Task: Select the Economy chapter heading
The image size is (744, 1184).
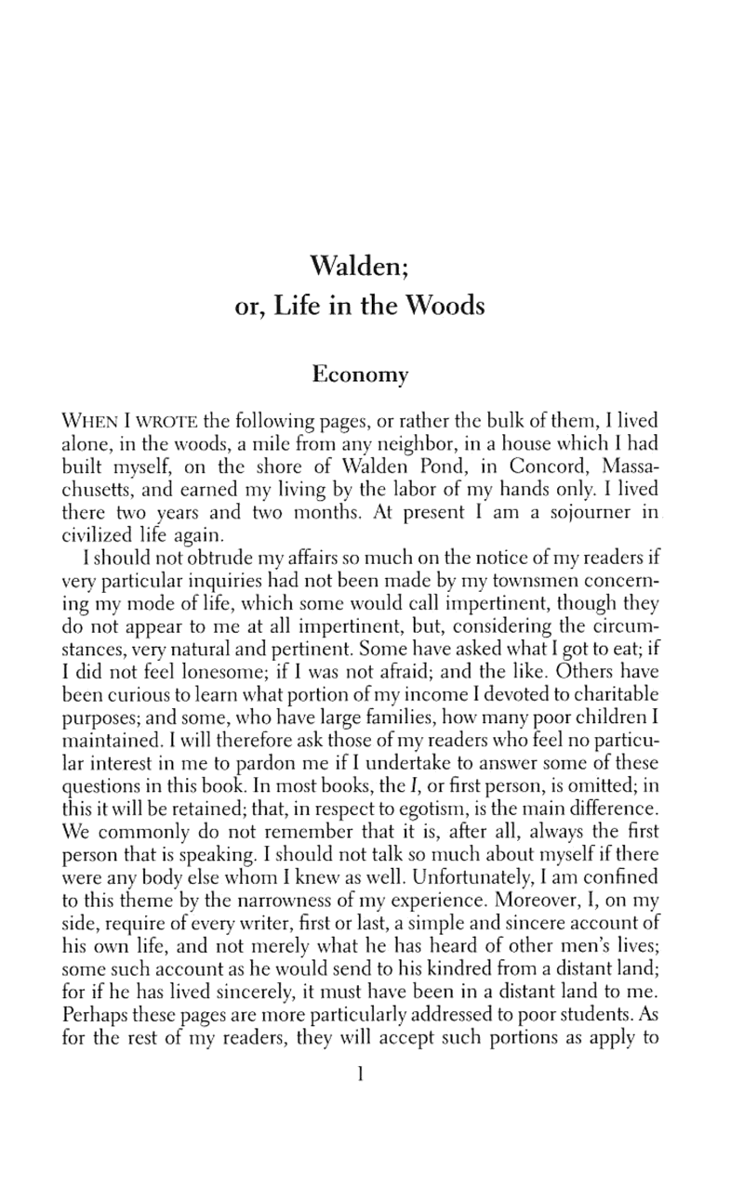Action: (x=360, y=375)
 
